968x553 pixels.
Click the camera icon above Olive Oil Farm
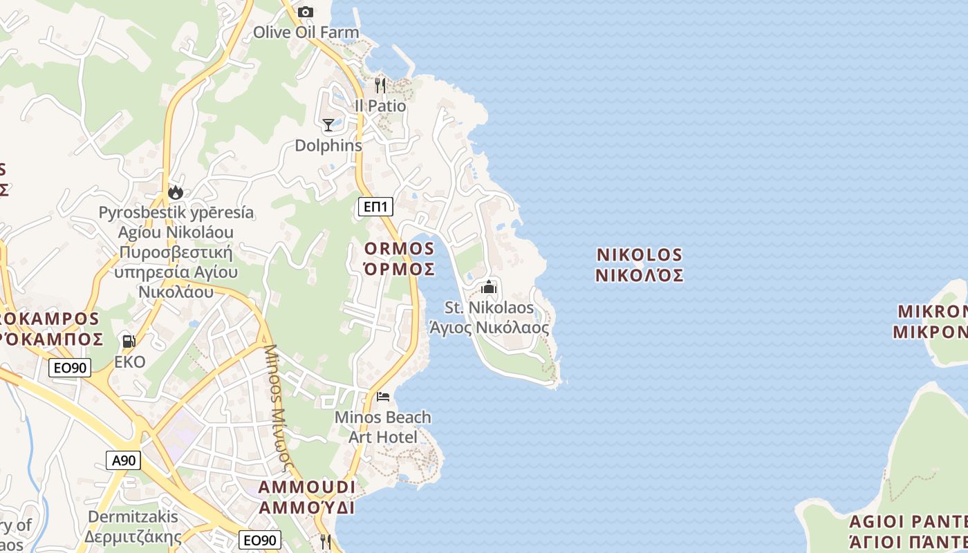click(305, 12)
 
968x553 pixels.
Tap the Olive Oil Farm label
click(306, 32)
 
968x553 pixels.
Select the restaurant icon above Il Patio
click(380, 86)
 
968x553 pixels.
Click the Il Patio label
click(380, 106)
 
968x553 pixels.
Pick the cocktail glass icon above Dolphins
click(328, 125)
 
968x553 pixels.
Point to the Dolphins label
click(328, 146)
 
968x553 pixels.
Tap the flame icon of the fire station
click(176, 192)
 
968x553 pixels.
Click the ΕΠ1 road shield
click(375, 206)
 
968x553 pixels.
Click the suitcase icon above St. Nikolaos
click(490, 287)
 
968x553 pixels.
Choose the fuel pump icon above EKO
click(129, 341)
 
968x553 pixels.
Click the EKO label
click(130, 362)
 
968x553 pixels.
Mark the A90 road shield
click(124, 460)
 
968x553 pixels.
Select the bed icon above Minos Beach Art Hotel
click(383, 397)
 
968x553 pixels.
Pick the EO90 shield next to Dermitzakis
click(260, 540)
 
